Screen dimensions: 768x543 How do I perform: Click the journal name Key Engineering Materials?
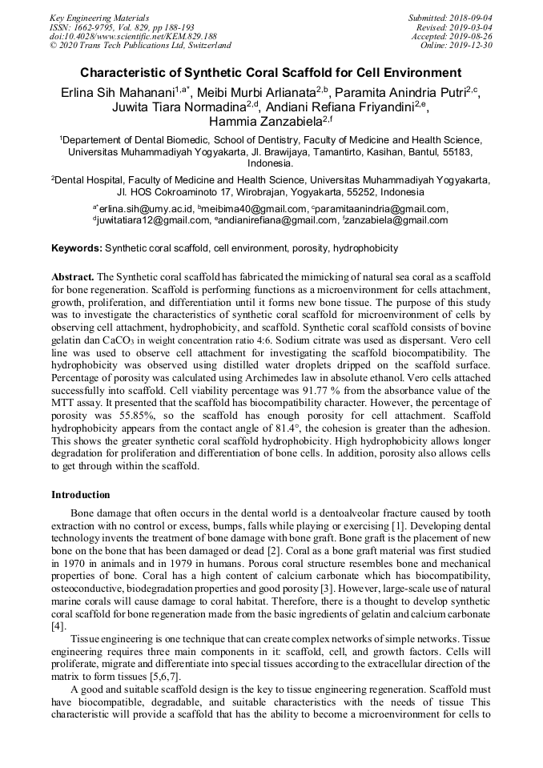click(100, 18)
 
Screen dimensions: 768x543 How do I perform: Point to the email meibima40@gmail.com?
click(252, 209)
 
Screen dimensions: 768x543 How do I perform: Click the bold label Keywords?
click(76, 248)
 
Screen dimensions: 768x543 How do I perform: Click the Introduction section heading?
click(81, 495)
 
